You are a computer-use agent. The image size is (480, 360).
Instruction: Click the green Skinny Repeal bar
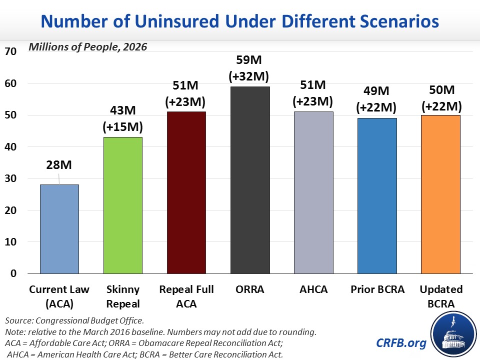click(x=123, y=205)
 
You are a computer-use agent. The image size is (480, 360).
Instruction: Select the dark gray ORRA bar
click(x=250, y=180)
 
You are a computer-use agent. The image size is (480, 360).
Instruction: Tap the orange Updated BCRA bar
click(x=440, y=194)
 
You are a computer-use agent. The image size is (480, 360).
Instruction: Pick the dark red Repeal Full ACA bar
click(x=186, y=192)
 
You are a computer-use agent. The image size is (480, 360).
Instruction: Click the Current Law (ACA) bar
click(x=59, y=229)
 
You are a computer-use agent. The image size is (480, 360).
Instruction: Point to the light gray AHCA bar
click(x=313, y=192)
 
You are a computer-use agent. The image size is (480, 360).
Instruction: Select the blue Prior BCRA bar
click(x=377, y=196)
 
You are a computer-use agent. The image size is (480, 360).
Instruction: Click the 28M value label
click(x=59, y=165)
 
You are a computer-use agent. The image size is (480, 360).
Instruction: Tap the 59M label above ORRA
click(x=249, y=60)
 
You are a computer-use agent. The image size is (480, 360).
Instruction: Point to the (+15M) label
click(x=123, y=126)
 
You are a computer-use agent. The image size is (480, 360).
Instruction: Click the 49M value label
click(x=376, y=91)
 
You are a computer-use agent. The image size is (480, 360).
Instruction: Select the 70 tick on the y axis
click(x=10, y=51)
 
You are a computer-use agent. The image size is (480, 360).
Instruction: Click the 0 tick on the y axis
click(x=13, y=273)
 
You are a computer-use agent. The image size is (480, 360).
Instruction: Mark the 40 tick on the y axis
click(x=10, y=146)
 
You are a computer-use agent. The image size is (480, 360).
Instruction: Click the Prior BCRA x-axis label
click(x=377, y=289)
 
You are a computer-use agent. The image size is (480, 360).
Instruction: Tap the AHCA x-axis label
click(x=313, y=289)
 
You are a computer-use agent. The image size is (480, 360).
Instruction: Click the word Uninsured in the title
click(x=177, y=21)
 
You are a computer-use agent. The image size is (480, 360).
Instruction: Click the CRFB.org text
click(x=401, y=343)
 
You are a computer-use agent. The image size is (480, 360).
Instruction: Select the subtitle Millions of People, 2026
click(x=88, y=47)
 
